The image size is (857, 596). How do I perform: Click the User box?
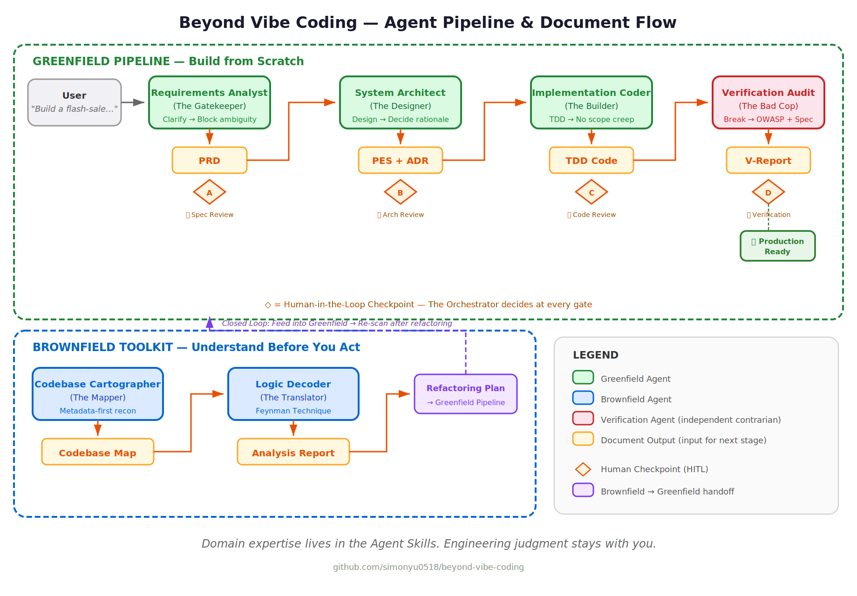[75, 102]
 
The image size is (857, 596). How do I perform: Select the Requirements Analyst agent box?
[210, 102]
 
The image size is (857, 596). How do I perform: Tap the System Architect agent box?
[401, 102]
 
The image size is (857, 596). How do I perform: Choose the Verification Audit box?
[769, 102]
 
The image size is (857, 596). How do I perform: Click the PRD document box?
[210, 160]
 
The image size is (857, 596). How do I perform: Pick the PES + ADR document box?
[401, 160]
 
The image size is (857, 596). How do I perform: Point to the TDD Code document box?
[592, 160]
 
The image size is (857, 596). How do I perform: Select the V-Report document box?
[769, 160]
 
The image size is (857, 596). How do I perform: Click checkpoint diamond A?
[210, 192]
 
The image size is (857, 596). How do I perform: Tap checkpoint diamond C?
[592, 192]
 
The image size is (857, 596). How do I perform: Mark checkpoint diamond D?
[769, 192]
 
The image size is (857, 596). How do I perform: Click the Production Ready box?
[778, 246]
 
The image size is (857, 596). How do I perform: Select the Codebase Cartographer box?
[98, 394]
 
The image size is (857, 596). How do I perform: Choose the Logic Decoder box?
[293, 394]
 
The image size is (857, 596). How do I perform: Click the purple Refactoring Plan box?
[466, 394]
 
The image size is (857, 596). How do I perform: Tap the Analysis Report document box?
[293, 452]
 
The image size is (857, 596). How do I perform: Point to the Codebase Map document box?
[98, 452]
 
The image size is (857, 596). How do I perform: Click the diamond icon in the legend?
[583, 469]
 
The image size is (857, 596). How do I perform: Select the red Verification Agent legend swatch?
[583, 418]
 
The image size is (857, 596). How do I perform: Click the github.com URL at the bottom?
[428, 567]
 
